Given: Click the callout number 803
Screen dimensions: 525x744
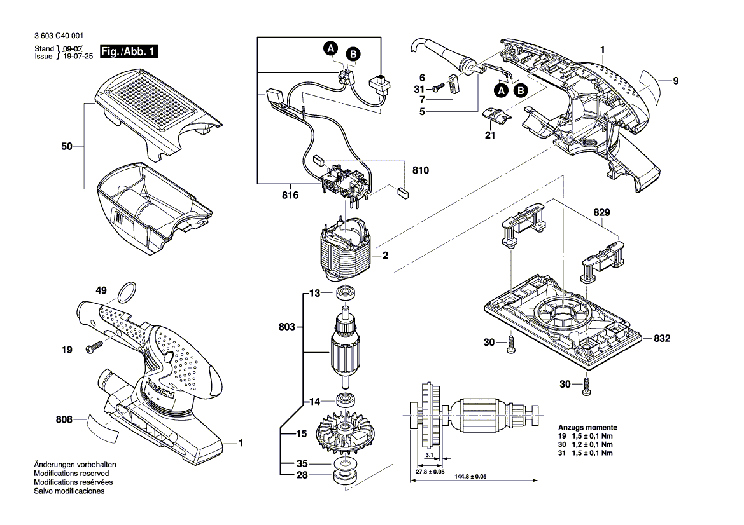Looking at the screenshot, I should point(287,327).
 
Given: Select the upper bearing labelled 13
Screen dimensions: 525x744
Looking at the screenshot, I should point(347,294).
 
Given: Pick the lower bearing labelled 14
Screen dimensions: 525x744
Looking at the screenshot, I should point(347,401).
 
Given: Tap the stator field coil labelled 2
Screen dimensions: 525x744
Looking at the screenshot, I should point(347,251).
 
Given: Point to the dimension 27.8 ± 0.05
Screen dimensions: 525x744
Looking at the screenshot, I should point(430,472).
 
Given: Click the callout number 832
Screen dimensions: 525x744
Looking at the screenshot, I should point(662,339).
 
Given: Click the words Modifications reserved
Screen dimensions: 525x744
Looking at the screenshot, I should point(71,474).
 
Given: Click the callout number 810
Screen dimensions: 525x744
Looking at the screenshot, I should point(420,170).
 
